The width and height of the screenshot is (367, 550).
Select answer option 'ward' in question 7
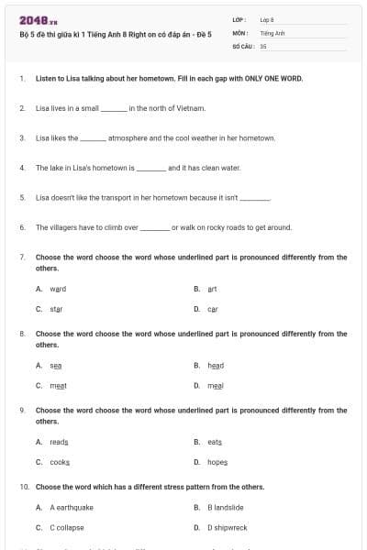58,288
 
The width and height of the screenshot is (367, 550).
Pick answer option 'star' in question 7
56,309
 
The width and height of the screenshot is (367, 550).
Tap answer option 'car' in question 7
213,309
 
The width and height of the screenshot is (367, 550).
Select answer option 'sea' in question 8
55,365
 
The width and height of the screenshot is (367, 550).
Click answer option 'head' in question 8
216,365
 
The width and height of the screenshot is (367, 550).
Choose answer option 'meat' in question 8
58,386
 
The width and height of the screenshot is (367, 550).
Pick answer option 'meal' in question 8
216,386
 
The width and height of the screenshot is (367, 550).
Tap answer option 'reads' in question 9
59,442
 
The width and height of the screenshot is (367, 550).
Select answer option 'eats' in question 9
215,442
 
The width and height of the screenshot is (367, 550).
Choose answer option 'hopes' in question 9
217,462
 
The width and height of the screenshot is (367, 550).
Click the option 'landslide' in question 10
225,507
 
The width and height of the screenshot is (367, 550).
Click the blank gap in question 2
114,109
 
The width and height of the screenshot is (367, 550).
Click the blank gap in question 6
155,227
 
